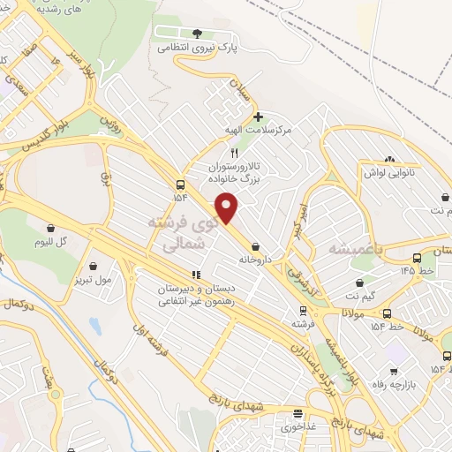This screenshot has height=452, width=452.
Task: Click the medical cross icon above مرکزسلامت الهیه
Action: coord(257,116)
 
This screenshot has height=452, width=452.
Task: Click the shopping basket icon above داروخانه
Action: coord(256,247)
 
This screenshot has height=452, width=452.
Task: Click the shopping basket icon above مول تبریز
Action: coord(94,265)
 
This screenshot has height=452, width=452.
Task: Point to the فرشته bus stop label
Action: coord(303,324)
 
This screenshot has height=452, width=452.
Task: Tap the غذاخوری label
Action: coord(299,426)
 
